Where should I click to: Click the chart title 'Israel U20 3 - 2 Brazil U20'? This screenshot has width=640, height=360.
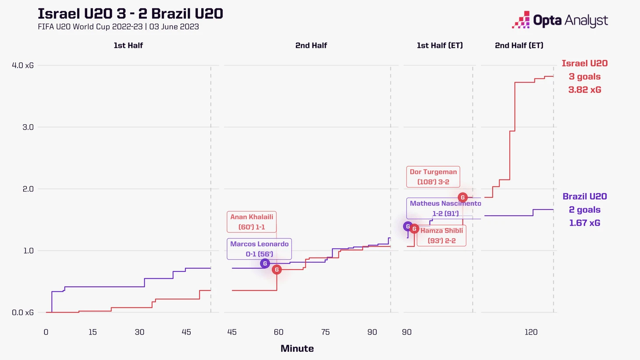coord(130,14)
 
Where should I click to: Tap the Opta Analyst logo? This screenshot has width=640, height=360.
coord(560,20)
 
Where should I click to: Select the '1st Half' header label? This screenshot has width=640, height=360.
coord(128,45)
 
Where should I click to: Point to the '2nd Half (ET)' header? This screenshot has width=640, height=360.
coord(519,45)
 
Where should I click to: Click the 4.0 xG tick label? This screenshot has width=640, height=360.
coord(23,65)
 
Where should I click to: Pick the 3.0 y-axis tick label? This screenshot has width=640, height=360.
coord(28,127)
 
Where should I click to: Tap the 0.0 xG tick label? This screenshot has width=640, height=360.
coord(23,313)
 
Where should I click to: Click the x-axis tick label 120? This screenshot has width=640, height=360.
coord(531,332)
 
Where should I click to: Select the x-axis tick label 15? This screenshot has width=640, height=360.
coord(92,332)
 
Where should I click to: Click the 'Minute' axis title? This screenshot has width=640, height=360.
coord(297,349)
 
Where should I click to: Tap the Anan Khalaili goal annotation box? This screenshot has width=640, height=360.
coord(252,222)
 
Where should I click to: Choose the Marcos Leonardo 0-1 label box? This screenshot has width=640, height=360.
coord(259,249)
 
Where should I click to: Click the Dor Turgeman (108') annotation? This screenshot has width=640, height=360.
coord(433,177)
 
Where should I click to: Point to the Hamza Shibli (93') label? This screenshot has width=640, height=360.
coord(441,235)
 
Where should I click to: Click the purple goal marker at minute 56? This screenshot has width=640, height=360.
coord(265,264)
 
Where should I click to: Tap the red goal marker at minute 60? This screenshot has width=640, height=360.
coord(277,270)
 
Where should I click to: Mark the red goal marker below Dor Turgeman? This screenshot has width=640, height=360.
coord(462,197)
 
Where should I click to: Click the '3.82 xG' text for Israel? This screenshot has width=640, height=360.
coord(585,90)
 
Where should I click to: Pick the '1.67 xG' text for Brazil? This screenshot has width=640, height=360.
coord(585,223)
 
